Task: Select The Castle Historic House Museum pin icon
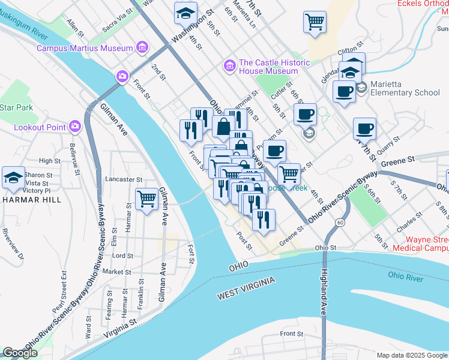(229, 65)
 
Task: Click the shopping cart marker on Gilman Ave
(147, 199)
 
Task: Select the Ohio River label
(406, 276)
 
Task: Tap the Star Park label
(16, 108)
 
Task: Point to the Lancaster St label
(123, 179)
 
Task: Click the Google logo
(20, 353)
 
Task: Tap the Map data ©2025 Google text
(411, 355)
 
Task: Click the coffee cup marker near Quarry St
(364, 128)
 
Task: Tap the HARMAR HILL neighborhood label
(31, 199)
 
